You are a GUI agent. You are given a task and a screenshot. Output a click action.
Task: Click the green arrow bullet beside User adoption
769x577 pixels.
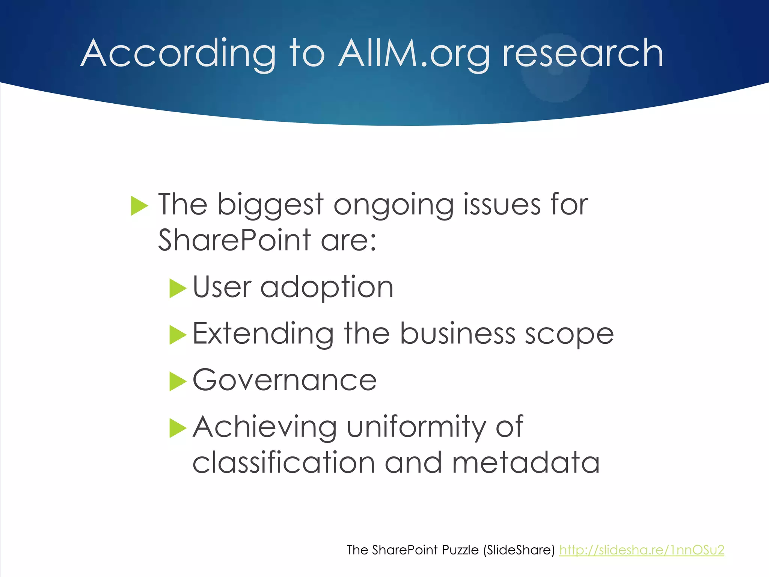(x=178, y=288)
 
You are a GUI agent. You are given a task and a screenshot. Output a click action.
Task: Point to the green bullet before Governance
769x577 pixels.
(x=178, y=381)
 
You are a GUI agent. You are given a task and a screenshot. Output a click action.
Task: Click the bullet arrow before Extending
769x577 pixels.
(x=178, y=335)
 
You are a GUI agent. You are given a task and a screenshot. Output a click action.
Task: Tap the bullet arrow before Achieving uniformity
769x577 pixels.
(x=178, y=428)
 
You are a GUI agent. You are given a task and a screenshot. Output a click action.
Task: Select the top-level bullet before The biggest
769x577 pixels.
(x=139, y=206)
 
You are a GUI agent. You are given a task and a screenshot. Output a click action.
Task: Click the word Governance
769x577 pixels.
(x=284, y=380)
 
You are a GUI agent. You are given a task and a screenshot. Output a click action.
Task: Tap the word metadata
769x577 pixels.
(x=526, y=463)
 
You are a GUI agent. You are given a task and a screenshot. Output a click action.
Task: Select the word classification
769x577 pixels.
(x=283, y=463)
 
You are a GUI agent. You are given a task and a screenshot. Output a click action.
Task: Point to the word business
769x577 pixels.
(x=457, y=334)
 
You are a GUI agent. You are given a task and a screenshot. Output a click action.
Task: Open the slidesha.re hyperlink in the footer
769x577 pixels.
(x=641, y=550)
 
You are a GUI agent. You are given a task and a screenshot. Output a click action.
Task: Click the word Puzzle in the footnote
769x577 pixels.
(x=460, y=550)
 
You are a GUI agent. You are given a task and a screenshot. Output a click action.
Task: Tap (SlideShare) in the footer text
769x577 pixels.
(x=519, y=550)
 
